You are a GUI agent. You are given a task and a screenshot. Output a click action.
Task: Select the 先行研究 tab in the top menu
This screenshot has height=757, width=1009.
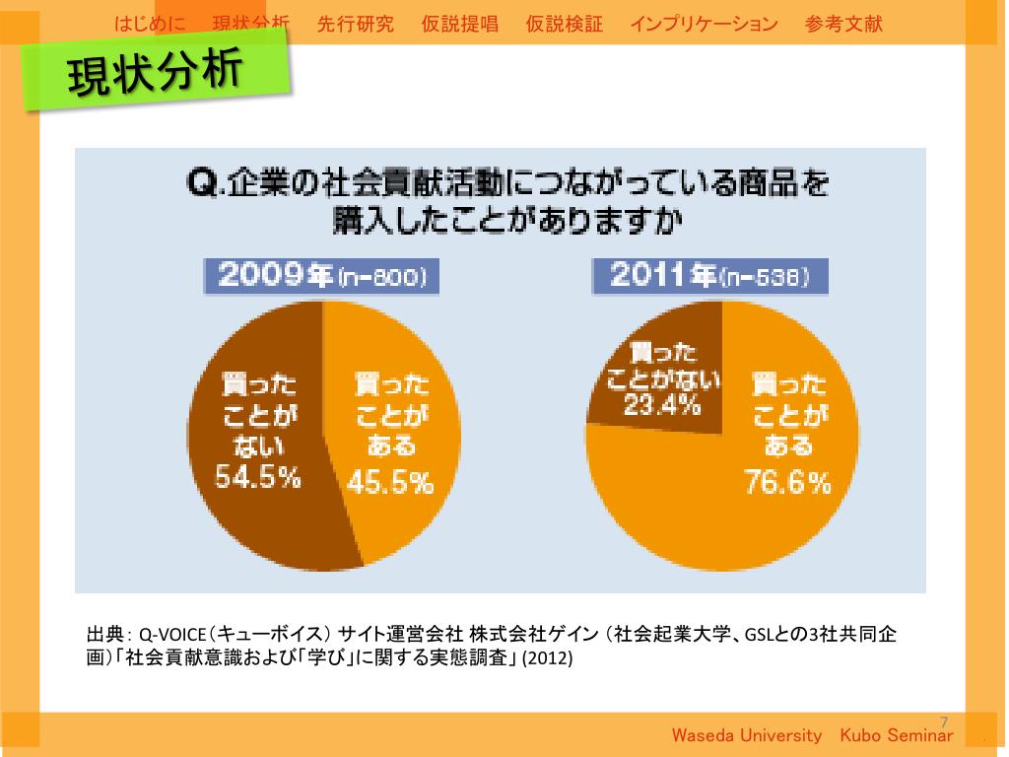pos(356,24)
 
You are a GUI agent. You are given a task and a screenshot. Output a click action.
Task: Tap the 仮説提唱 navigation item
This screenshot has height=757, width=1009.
pos(459,24)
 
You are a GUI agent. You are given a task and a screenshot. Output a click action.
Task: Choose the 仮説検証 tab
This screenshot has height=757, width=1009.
pos(565,24)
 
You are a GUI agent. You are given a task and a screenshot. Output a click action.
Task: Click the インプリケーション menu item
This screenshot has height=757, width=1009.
pos(704,24)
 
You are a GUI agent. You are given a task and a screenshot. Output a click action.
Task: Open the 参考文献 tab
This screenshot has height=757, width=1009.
pos(843,24)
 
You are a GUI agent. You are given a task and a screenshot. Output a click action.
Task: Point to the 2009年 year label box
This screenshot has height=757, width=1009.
pos(321,277)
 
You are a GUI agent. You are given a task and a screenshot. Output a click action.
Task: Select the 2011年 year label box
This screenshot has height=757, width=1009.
pos(709,277)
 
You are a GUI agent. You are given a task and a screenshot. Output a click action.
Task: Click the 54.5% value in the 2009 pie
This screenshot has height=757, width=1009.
pos(259,479)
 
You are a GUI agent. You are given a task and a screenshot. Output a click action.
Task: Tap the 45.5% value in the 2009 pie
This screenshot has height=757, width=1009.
pos(390,483)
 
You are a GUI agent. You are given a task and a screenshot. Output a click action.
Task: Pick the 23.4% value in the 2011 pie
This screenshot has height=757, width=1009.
pos(662,404)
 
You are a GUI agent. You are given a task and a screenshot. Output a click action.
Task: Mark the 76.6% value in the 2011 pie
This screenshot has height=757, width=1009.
pos(787,483)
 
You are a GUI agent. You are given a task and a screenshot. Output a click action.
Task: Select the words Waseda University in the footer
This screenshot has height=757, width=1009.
pos(746,736)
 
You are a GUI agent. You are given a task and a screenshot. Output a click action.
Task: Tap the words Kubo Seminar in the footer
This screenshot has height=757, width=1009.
pos(897,736)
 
